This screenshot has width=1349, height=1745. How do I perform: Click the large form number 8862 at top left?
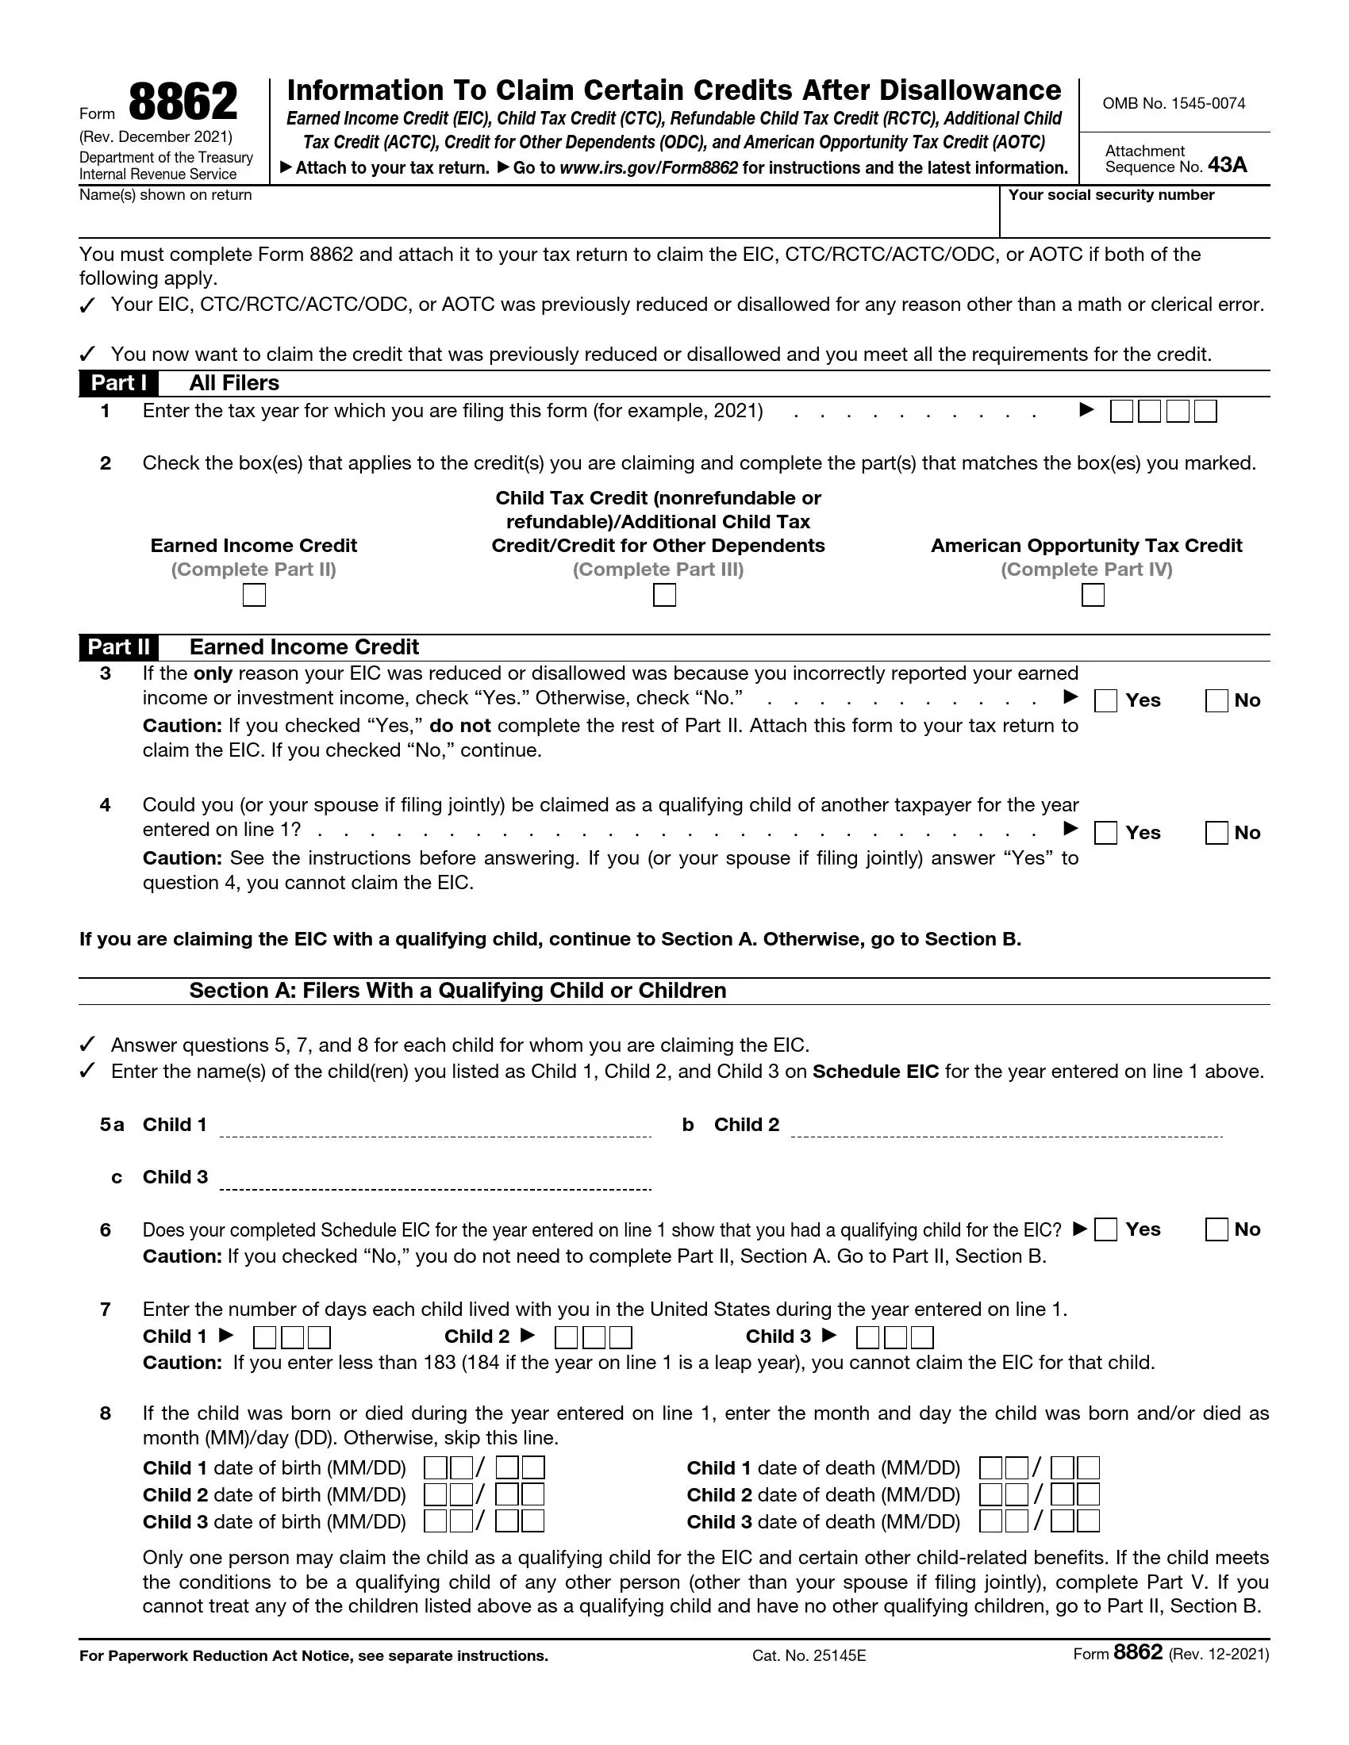183,102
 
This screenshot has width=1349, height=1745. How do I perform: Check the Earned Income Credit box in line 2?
254,595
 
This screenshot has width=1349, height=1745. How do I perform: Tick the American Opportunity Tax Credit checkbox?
1093,595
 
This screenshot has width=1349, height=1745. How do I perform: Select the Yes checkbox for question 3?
1105,700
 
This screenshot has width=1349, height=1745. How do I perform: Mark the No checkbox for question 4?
1216,834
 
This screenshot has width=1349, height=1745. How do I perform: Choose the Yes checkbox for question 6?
1105,1229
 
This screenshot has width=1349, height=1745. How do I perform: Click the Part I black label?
118,384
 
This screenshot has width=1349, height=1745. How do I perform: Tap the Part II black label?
118,647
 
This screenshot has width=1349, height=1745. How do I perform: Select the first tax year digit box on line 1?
1121,412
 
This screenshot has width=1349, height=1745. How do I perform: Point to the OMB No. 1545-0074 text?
1173,104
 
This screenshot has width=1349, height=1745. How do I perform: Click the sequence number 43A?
1227,166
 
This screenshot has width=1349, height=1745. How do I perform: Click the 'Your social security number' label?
1111,195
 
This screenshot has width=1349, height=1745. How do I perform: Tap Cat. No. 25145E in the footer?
809,1655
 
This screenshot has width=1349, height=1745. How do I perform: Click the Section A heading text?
457,991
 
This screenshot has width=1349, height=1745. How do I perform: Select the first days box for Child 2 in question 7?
566,1337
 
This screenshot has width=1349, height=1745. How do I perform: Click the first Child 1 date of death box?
990,1468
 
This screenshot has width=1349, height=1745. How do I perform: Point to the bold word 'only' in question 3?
213,673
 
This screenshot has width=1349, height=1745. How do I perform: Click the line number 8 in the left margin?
106,1413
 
